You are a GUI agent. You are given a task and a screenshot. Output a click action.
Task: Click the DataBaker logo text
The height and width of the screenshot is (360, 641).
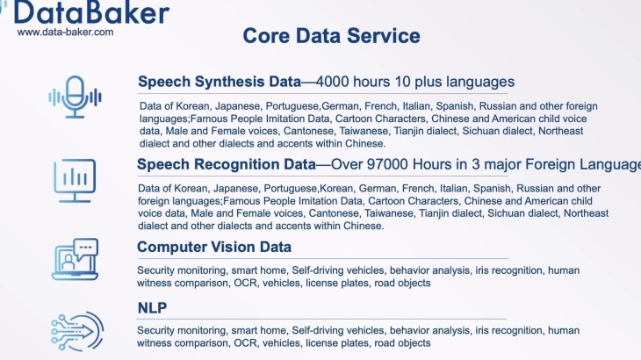pos(91,12)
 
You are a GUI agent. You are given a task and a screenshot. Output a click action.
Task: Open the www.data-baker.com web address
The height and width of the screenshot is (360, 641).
pos(65,32)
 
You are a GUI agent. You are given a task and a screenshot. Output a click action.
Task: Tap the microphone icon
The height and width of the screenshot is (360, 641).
pos(75,97)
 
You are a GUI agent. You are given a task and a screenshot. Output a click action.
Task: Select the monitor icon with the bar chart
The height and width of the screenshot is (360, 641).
pos(75,180)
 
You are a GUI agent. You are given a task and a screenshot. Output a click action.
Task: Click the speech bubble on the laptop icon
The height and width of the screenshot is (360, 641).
pos(86,249)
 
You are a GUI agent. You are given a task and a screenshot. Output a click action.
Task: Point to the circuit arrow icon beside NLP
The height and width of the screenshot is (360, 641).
pos(77,331)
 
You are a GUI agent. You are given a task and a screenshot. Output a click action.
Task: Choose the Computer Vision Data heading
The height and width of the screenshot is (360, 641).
pos(214,247)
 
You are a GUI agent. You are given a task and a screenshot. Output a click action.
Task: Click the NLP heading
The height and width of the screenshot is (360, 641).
pos(152,307)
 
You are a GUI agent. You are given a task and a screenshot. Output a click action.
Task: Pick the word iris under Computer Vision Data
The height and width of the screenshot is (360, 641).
pos(481,270)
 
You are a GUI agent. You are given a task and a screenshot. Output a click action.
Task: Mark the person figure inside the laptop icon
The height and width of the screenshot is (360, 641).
pos(68,263)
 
